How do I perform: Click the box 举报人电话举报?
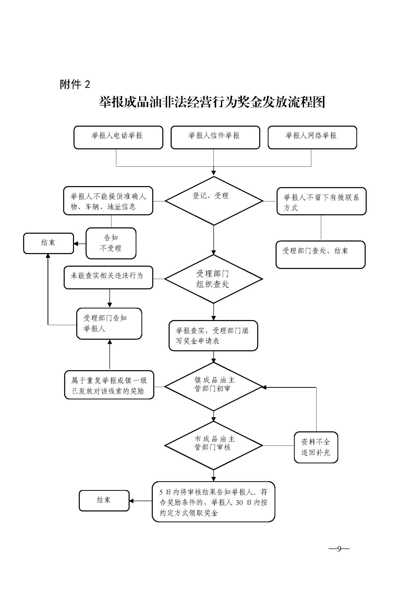118,137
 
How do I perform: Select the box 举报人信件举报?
215,137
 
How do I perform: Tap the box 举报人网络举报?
312,137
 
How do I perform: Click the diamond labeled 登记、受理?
213,201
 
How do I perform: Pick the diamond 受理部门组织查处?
213,279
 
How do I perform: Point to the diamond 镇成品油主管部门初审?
213,387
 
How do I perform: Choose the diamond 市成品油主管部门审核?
213,446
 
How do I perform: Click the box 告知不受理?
111,243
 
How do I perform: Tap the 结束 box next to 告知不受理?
48,243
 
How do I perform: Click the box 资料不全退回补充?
316,447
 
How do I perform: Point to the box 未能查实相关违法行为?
108,277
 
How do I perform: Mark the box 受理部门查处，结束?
320,255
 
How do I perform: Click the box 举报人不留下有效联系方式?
321,201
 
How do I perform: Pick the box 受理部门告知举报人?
109,324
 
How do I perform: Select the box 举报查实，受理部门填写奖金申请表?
213,335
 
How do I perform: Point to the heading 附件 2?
75,84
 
